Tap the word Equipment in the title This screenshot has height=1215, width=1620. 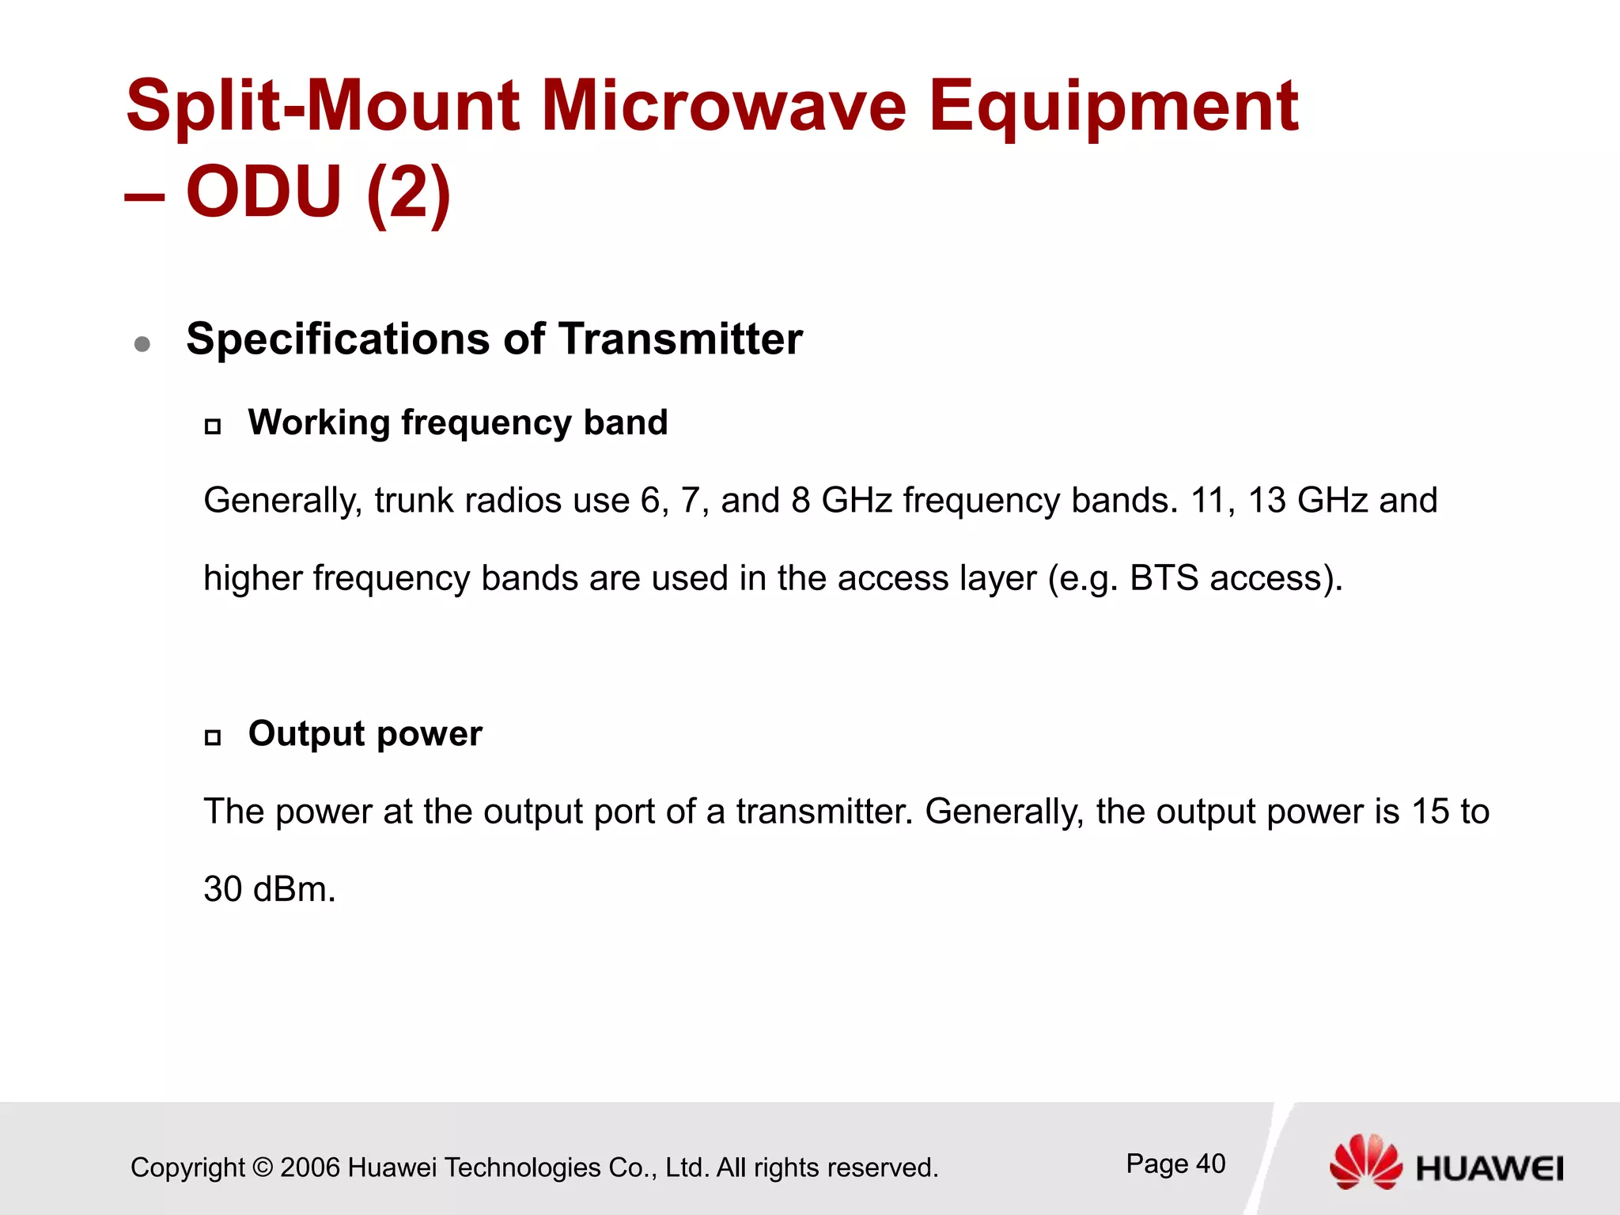coord(1112,107)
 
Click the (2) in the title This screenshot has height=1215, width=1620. coord(408,192)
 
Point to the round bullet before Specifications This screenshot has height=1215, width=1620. coord(142,343)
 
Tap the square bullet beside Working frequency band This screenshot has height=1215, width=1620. coord(213,427)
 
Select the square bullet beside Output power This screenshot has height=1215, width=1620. coord(213,738)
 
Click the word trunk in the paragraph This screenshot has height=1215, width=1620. coord(413,501)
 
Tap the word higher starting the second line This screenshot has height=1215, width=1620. coord(252,578)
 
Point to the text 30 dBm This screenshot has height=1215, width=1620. coord(269,889)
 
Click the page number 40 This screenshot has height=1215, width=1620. coord(1210,1164)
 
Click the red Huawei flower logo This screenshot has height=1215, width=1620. coord(1366,1161)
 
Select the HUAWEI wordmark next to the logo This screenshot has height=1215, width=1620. coord(1489,1168)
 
